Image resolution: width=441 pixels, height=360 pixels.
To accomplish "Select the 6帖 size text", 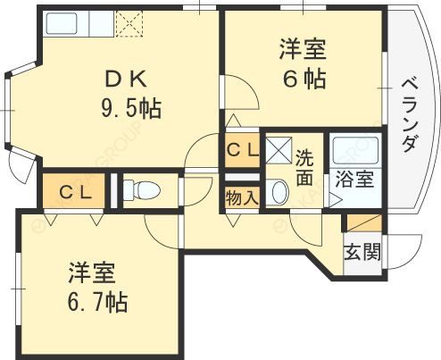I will pos(304,78).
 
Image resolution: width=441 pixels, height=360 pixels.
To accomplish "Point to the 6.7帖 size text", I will pos(96,301).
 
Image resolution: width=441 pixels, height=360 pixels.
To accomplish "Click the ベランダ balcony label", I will pos(410,113).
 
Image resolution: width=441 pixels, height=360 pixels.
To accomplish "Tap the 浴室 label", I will pos(354,179).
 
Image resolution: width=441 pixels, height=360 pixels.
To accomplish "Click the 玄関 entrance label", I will pos(362,250).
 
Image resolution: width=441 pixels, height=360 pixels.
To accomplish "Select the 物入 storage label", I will pos(241,197).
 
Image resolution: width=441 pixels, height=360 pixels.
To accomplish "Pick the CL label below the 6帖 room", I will pos(241,150).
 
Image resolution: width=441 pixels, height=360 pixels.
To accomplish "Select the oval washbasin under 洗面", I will pos(279,192).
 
